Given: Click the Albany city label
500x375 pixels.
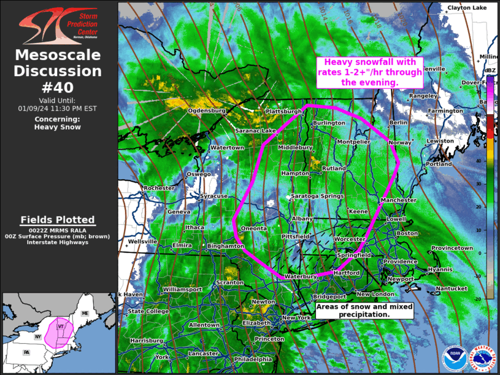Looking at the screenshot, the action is click(302, 218).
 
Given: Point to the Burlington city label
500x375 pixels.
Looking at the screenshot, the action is click(329, 123).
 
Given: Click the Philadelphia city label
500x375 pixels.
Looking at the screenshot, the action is click(252, 359).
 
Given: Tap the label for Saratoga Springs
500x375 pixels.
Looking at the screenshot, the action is click(317, 196).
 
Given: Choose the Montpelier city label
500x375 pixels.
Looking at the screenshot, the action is click(353, 142).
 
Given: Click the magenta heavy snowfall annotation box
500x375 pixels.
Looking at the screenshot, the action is click(370, 72).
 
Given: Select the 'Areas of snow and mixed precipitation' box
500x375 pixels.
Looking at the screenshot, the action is click(364, 310).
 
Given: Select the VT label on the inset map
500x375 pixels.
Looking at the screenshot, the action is click(60, 327).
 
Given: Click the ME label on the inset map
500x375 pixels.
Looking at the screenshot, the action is click(85, 314).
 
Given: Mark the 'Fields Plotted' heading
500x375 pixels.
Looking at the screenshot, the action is click(58, 220).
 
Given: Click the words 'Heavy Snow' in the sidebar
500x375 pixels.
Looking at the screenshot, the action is click(58, 127).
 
